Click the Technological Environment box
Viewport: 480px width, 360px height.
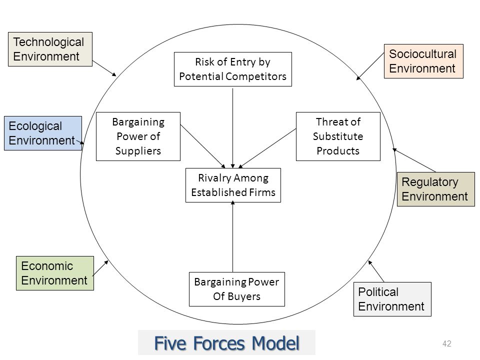tap(50, 49)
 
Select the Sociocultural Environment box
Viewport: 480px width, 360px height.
tap(423, 61)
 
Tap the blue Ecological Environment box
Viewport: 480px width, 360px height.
tap(43, 133)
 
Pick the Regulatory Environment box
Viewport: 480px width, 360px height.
tap(436, 189)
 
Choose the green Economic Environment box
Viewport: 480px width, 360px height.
tap(55, 273)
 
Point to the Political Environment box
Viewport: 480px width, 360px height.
tap(392, 299)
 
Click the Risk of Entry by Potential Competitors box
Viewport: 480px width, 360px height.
tap(233, 69)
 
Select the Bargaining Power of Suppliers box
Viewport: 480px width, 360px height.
tap(138, 136)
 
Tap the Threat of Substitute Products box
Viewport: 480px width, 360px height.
tap(338, 136)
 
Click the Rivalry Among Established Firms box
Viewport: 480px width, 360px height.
tap(233, 185)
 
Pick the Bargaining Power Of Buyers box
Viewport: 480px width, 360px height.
tap(237, 289)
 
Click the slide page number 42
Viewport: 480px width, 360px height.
tap(447, 343)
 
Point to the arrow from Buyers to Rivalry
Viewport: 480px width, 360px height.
tap(232, 236)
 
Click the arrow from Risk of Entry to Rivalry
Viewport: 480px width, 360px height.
tap(232, 128)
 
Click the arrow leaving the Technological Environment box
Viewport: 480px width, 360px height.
tap(104, 68)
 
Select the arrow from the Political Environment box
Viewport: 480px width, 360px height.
tap(376, 271)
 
